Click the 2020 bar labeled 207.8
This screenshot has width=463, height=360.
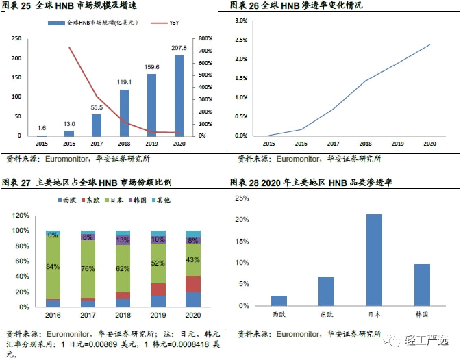coord(179,95)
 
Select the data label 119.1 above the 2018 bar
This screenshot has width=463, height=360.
coord(124,82)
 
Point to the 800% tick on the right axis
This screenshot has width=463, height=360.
coord(205,38)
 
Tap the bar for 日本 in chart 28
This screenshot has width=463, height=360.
coord(373,260)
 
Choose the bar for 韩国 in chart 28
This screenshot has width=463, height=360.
coord(421,285)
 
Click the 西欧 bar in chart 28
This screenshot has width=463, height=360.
coord(279,300)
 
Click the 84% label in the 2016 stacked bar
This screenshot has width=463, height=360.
coord(53,266)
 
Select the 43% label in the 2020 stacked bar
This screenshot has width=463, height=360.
coord(192,260)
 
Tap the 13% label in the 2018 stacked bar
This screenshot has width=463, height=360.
coord(123,240)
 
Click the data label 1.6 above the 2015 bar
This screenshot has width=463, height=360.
coord(42,128)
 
